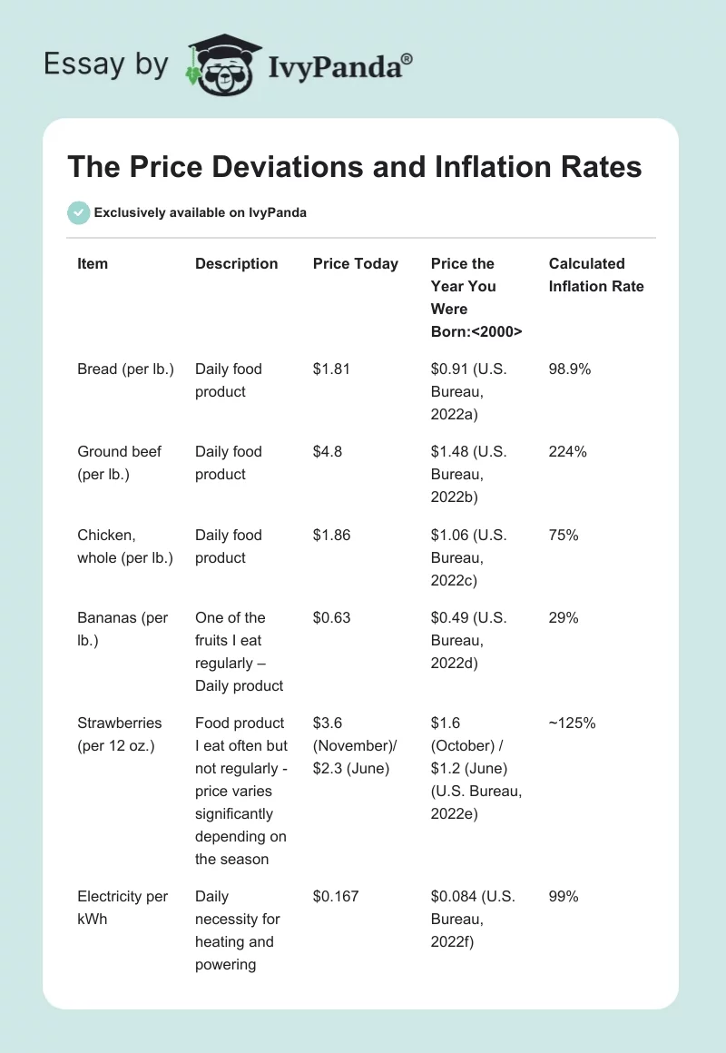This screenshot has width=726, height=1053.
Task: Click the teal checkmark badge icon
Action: pyautogui.click(x=78, y=212)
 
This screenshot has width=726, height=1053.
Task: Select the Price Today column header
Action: pyautogui.click(x=356, y=264)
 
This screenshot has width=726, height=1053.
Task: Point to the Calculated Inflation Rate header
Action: pyautogui.click(x=596, y=275)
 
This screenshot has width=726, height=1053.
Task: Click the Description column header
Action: pyautogui.click(x=237, y=264)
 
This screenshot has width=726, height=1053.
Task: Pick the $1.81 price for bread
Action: pyautogui.click(x=331, y=369)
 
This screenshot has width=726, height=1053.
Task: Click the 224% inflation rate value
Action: pyautogui.click(x=568, y=452)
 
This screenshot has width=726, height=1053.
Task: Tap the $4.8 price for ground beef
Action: pyautogui.click(x=328, y=452)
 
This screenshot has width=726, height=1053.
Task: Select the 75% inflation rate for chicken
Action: pyautogui.click(x=564, y=536)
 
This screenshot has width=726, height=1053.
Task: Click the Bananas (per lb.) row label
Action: pyautogui.click(x=123, y=629)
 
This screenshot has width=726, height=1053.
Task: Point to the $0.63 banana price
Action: pyautogui.click(x=331, y=618)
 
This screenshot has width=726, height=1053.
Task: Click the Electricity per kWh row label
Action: pyautogui.click(x=123, y=908)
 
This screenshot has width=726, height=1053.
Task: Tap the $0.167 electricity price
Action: pyautogui.click(x=336, y=897)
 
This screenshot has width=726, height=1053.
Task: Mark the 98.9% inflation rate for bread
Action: pyautogui.click(x=572, y=369)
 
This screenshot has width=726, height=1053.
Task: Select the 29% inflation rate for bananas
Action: pyautogui.click(x=564, y=618)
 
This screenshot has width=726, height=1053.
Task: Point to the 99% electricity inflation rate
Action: pyautogui.click(x=564, y=897)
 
